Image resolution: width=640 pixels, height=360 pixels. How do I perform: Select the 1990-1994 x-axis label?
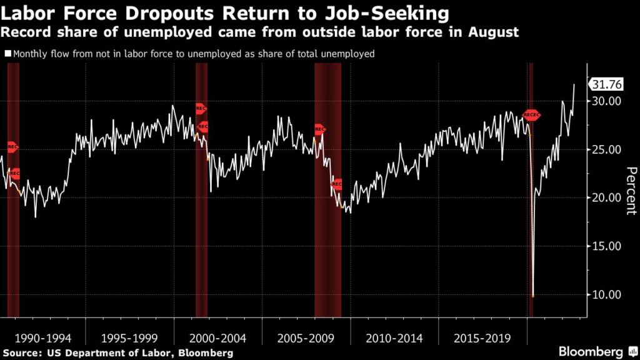42,338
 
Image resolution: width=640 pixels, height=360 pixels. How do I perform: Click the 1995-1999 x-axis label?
130,338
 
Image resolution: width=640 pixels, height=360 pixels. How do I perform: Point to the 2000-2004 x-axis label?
218,338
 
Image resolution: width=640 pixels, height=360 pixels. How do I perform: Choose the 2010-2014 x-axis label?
394,338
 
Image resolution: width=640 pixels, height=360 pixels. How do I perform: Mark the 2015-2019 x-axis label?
482,338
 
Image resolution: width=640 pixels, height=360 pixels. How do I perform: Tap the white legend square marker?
7,54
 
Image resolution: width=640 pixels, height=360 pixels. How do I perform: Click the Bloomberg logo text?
590,351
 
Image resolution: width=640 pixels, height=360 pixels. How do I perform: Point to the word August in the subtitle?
497,32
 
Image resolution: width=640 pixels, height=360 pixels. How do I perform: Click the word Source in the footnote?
24,354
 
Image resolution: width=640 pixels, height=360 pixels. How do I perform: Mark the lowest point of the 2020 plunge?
533,296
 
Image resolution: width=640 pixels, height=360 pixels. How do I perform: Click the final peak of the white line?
574,84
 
